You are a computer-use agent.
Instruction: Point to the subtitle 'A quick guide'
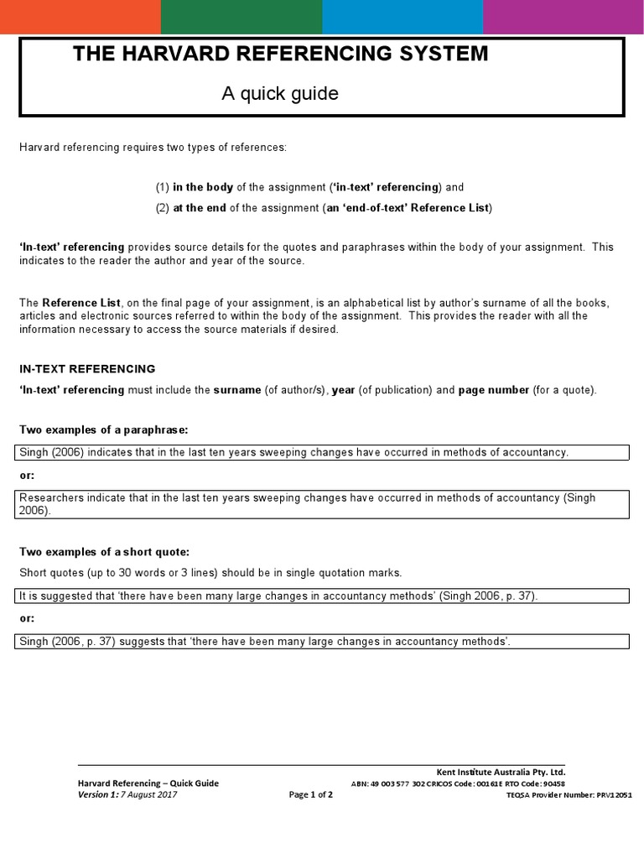[280, 94]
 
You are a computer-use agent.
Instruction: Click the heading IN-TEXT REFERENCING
[87, 368]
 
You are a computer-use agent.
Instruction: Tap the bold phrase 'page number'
[493, 390]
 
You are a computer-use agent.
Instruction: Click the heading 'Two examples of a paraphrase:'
[104, 429]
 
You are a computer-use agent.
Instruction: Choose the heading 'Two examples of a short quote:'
[105, 551]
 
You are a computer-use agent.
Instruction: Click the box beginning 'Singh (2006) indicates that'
[323, 453]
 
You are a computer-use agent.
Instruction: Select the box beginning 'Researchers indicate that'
[323, 504]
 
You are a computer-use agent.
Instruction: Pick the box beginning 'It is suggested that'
[323, 596]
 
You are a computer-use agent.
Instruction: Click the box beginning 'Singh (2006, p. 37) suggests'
[323, 642]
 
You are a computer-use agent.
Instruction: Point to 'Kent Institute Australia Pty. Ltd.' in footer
[501, 772]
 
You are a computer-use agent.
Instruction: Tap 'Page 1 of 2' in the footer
[310, 795]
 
